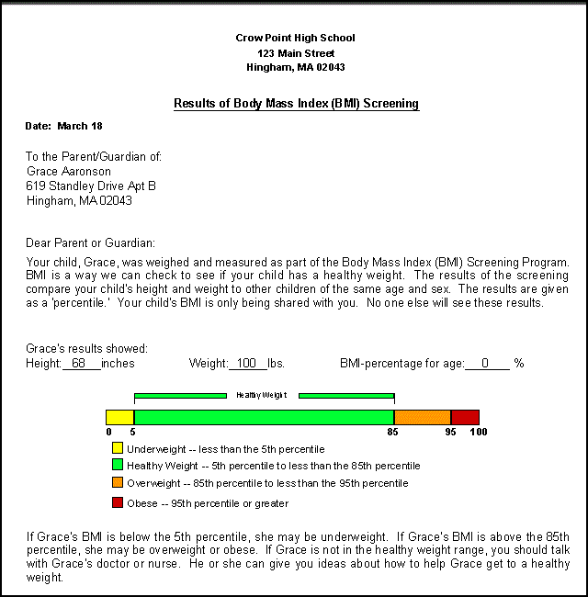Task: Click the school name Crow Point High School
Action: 295,38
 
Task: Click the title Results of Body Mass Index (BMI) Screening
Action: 296,104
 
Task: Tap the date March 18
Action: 79,126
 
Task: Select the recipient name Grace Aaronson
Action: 69,171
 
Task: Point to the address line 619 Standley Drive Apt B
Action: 91,186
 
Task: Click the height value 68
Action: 78,364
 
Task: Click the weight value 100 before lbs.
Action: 245,364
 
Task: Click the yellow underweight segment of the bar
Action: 119,417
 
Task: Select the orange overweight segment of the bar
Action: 422,417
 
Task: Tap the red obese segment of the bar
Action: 465,417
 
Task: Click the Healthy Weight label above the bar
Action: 262,395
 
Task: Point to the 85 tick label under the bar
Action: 393,432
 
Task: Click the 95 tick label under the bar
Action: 450,432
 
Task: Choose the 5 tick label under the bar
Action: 133,432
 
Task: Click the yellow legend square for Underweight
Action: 117,449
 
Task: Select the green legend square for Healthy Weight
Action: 117,466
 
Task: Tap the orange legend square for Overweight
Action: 117,483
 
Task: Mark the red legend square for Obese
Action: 117,502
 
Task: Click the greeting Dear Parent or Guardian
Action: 91,243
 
